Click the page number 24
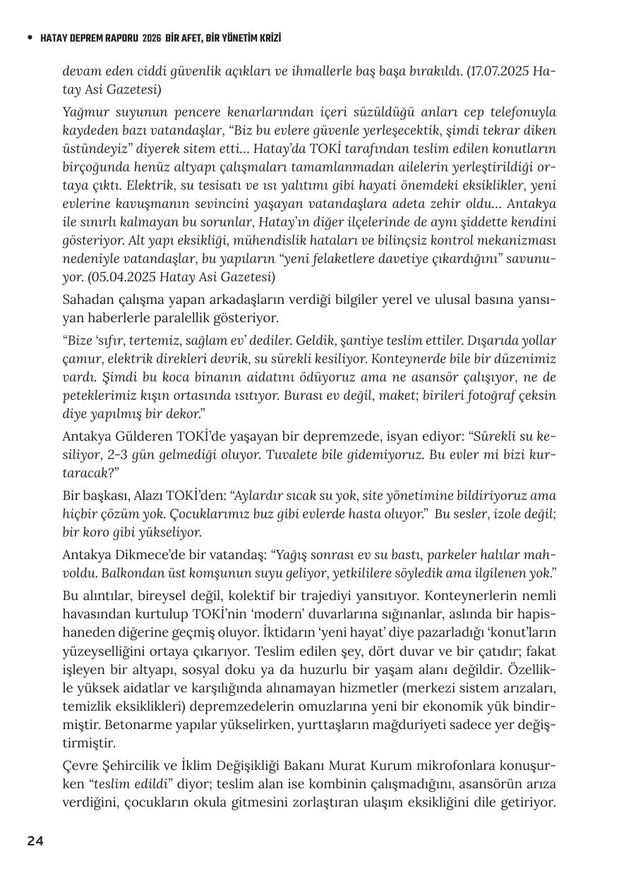tap(35, 840)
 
